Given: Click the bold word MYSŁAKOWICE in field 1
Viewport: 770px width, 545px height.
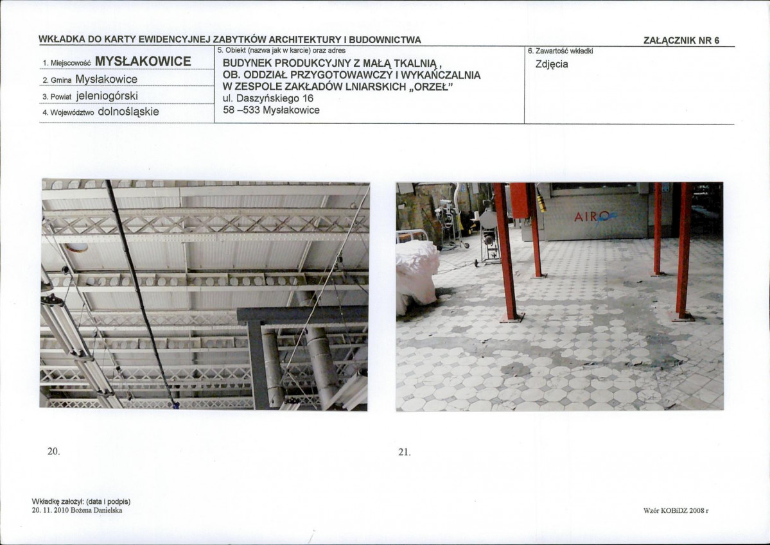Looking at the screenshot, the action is (x=143, y=62).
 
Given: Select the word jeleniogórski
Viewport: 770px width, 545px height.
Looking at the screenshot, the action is (x=107, y=95).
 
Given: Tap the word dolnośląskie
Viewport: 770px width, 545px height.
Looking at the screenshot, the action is (x=128, y=112).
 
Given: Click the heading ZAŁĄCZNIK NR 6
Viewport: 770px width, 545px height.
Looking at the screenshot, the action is (x=681, y=40).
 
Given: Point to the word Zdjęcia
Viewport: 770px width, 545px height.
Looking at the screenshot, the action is (x=552, y=64).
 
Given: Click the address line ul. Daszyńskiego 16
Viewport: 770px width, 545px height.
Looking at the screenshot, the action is (x=268, y=98).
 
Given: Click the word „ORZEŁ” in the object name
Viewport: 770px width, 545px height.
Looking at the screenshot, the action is (x=431, y=87).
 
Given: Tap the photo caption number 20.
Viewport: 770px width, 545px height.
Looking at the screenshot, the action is (x=53, y=451).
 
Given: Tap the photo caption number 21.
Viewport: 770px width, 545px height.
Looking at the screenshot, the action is (x=404, y=452).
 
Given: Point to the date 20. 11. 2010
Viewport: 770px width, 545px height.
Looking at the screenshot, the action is (x=50, y=510).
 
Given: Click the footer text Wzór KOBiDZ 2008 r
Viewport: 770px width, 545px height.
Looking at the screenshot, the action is (x=676, y=510).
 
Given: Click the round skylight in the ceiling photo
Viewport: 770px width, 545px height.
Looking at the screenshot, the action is (x=76, y=247).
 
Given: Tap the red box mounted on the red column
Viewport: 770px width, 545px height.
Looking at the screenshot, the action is (x=520, y=200).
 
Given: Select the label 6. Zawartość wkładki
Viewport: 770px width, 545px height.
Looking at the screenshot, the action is (x=560, y=51).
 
